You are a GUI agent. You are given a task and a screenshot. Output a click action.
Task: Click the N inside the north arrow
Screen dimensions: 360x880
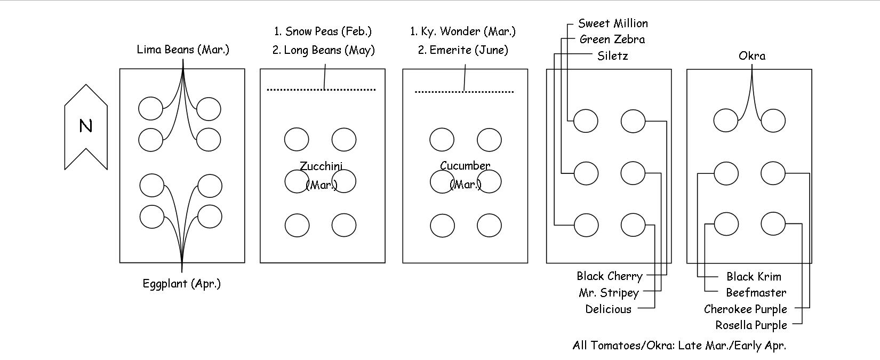click(85, 126)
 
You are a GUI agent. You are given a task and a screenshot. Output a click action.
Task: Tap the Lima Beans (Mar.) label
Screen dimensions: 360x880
click(183, 50)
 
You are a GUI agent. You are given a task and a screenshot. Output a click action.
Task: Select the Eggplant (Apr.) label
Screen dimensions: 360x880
click(181, 283)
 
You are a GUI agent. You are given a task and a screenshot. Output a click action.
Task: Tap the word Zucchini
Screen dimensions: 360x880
click(321, 166)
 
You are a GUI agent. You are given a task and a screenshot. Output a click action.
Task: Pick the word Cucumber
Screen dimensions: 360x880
click(465, 166)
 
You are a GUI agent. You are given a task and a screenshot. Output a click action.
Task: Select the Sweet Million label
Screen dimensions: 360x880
click(613, 23)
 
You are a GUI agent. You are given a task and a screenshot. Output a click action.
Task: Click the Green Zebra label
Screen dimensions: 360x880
click(612, 39)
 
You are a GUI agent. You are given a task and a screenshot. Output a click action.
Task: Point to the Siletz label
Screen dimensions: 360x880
click(613, 56)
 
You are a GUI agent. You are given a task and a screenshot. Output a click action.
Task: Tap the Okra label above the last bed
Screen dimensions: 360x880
click(752, 56)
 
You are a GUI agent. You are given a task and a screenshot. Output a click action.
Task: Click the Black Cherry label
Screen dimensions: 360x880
click(609, 276)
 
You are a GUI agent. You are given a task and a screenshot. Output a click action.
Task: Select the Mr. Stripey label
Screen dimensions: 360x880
click(609, 293)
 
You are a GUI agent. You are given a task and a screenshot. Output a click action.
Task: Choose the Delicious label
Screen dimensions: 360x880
click(608, 309)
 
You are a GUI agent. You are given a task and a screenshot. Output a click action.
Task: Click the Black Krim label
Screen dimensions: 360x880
click(754, 277)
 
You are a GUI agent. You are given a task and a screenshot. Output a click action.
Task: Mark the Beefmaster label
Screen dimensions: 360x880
click(756, 293)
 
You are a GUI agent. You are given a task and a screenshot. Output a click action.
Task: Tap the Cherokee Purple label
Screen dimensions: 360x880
click(745, 309)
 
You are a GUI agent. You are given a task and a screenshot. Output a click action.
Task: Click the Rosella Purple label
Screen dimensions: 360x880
click(751, 325)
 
